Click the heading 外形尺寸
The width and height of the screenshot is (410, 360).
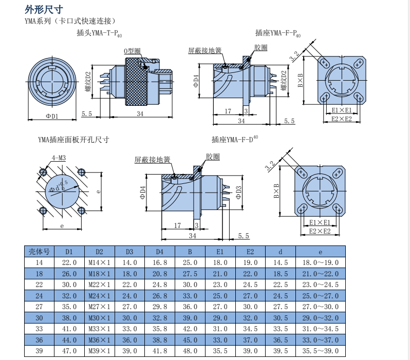45,9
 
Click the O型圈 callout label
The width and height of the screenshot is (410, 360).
132,51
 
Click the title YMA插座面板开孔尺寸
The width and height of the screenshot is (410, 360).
73,139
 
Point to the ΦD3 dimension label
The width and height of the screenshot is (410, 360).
238,192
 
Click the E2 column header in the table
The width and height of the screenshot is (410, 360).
250,252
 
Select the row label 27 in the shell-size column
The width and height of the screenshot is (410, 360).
39,307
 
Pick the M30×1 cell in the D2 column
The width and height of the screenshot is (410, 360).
100,318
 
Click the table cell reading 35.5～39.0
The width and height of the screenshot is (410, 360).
320,351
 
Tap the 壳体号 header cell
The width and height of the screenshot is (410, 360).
39,252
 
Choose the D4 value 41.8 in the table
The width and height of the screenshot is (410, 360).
160,351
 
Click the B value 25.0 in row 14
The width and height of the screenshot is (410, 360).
190,262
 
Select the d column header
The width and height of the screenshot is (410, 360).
281,252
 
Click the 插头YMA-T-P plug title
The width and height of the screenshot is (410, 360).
99,33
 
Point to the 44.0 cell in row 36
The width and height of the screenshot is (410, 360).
69,340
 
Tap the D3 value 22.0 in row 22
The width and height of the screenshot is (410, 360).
129,285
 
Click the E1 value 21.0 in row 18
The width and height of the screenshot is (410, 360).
220,274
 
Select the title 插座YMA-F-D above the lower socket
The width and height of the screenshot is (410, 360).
234,139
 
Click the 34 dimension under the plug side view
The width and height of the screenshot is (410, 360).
140,113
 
